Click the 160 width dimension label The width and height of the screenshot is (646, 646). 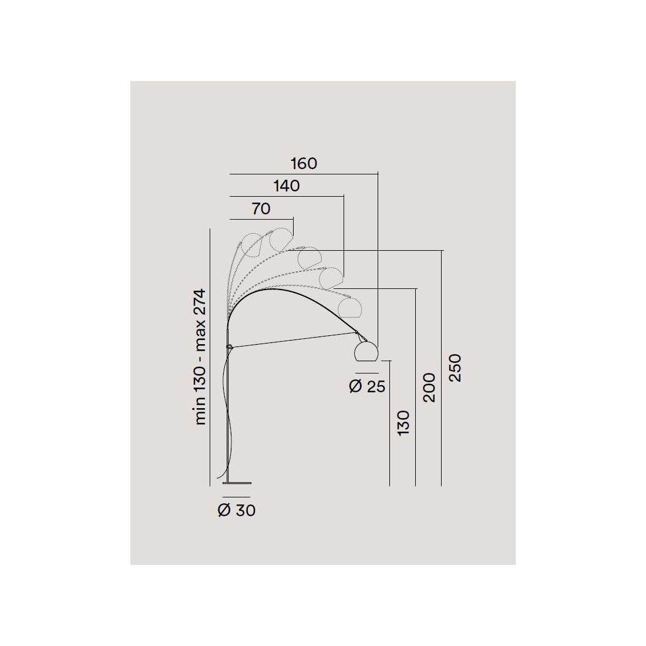304,164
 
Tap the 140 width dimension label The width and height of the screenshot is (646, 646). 287,186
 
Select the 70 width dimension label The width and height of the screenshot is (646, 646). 261,209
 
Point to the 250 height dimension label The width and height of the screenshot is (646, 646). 455,368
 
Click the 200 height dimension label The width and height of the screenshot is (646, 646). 429,388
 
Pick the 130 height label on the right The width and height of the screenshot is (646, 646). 403,423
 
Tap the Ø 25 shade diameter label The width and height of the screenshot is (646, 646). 367,386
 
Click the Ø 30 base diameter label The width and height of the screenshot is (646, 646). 237,510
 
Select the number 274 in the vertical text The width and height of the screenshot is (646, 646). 200,303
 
